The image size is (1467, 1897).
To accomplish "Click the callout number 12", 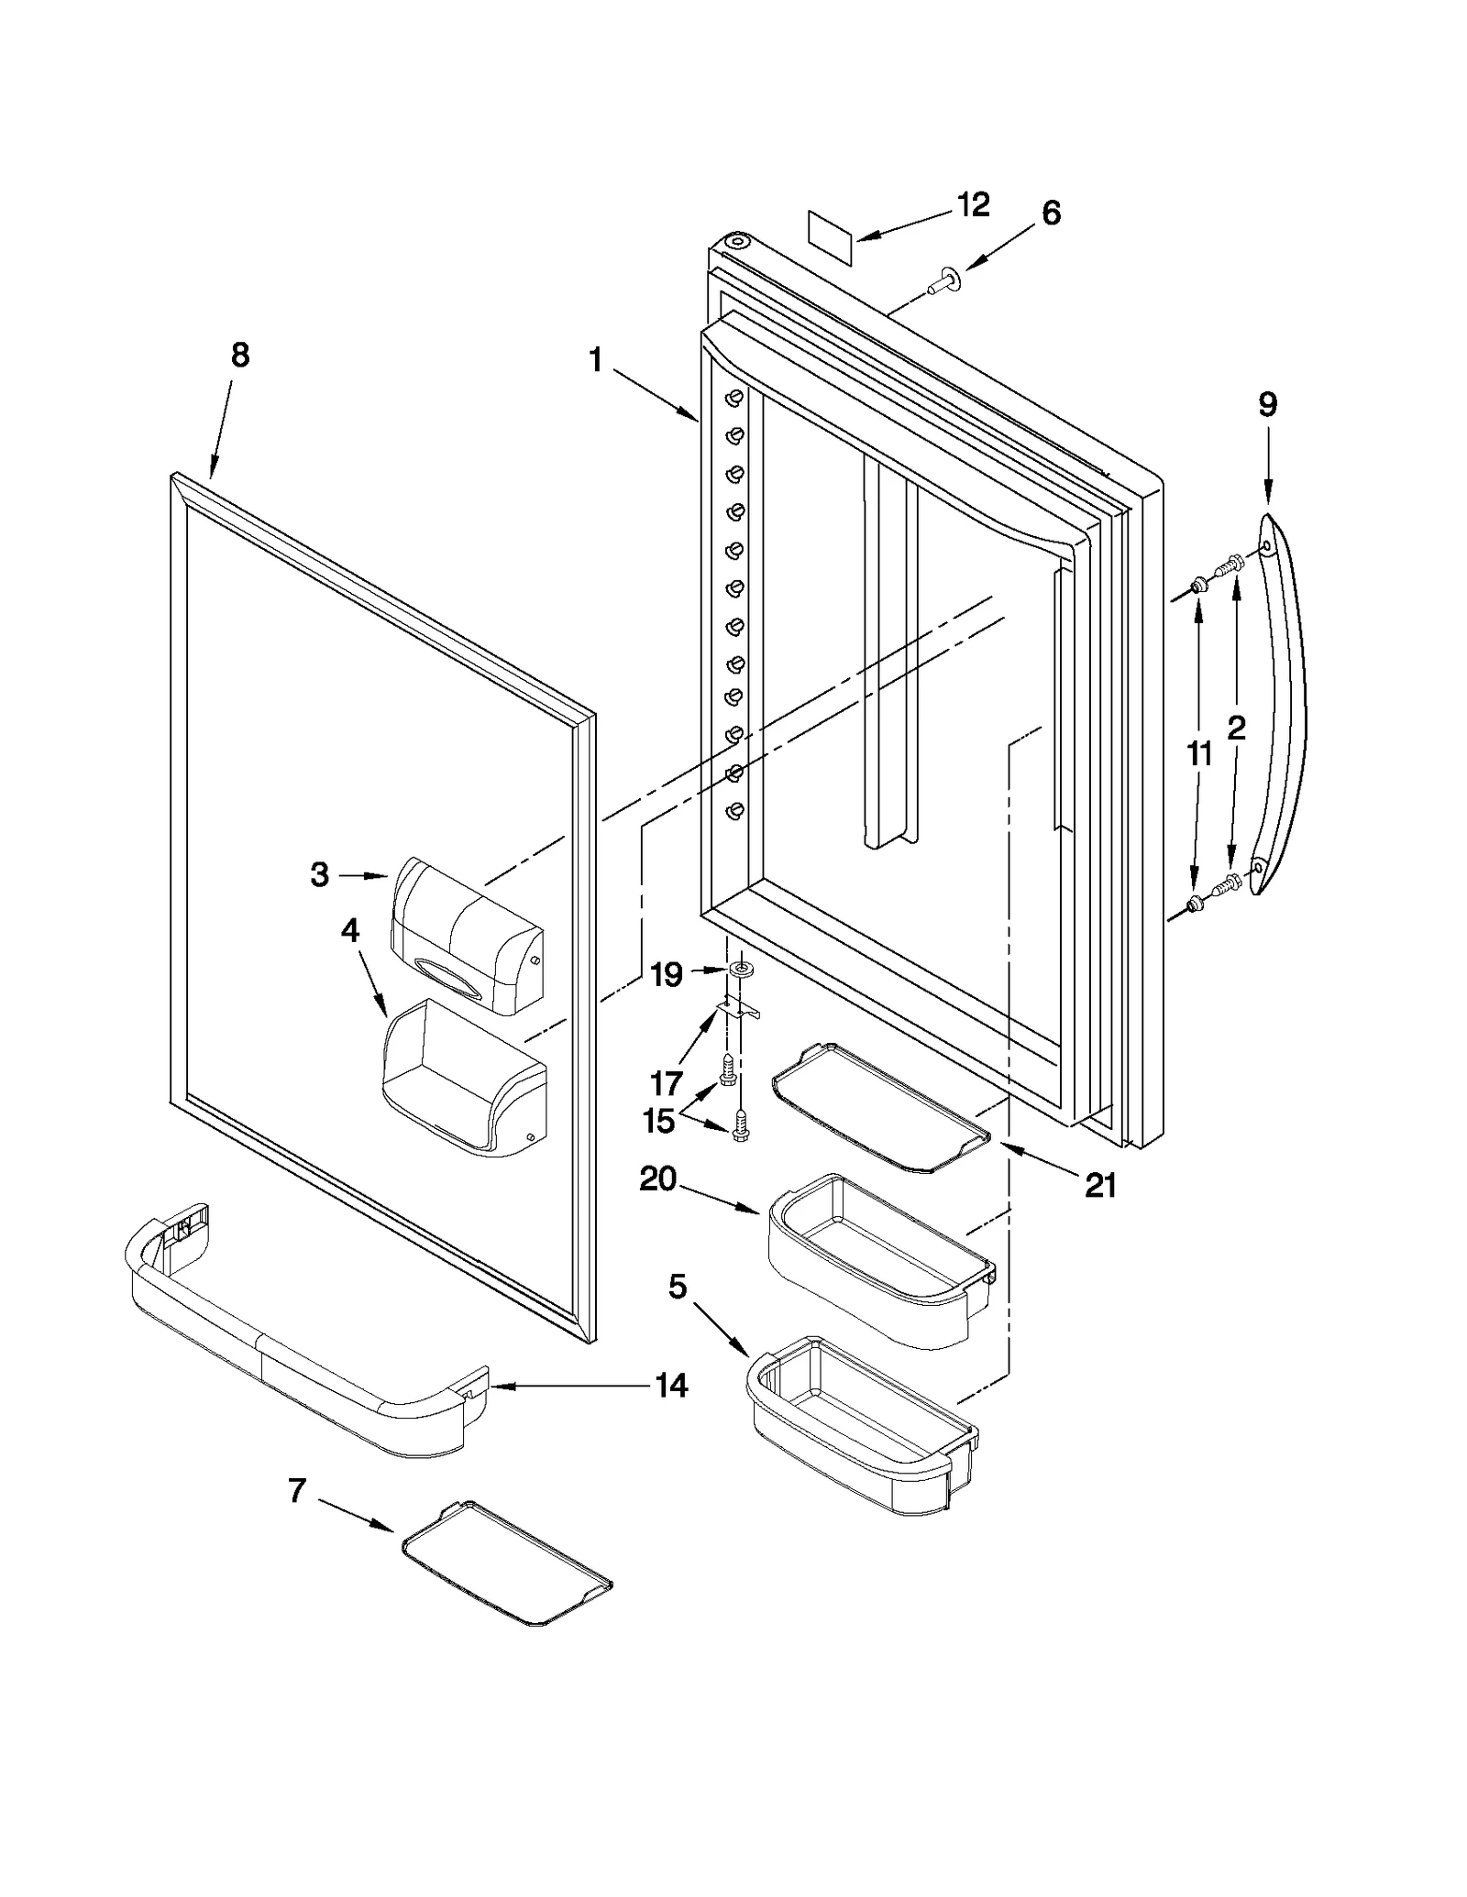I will (974, 205).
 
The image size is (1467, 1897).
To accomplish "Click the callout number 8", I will (239, 356).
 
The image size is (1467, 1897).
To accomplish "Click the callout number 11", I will (1199, 754).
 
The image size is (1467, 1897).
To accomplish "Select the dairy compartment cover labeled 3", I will (466, 935).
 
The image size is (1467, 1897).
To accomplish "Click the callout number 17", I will (666, 1084).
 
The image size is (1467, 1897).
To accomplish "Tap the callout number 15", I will (658, 1121).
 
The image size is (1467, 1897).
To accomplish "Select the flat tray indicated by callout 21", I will (880, 1109).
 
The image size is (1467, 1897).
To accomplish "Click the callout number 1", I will (596, 360).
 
